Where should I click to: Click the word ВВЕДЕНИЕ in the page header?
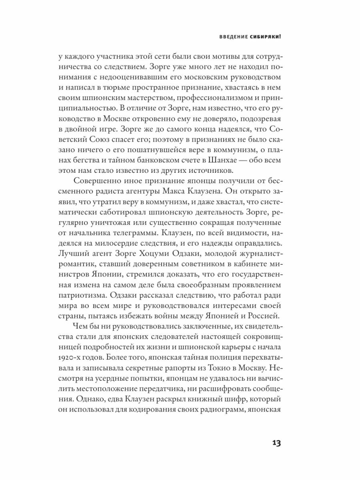pyautogui.click(x=235, y=37)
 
